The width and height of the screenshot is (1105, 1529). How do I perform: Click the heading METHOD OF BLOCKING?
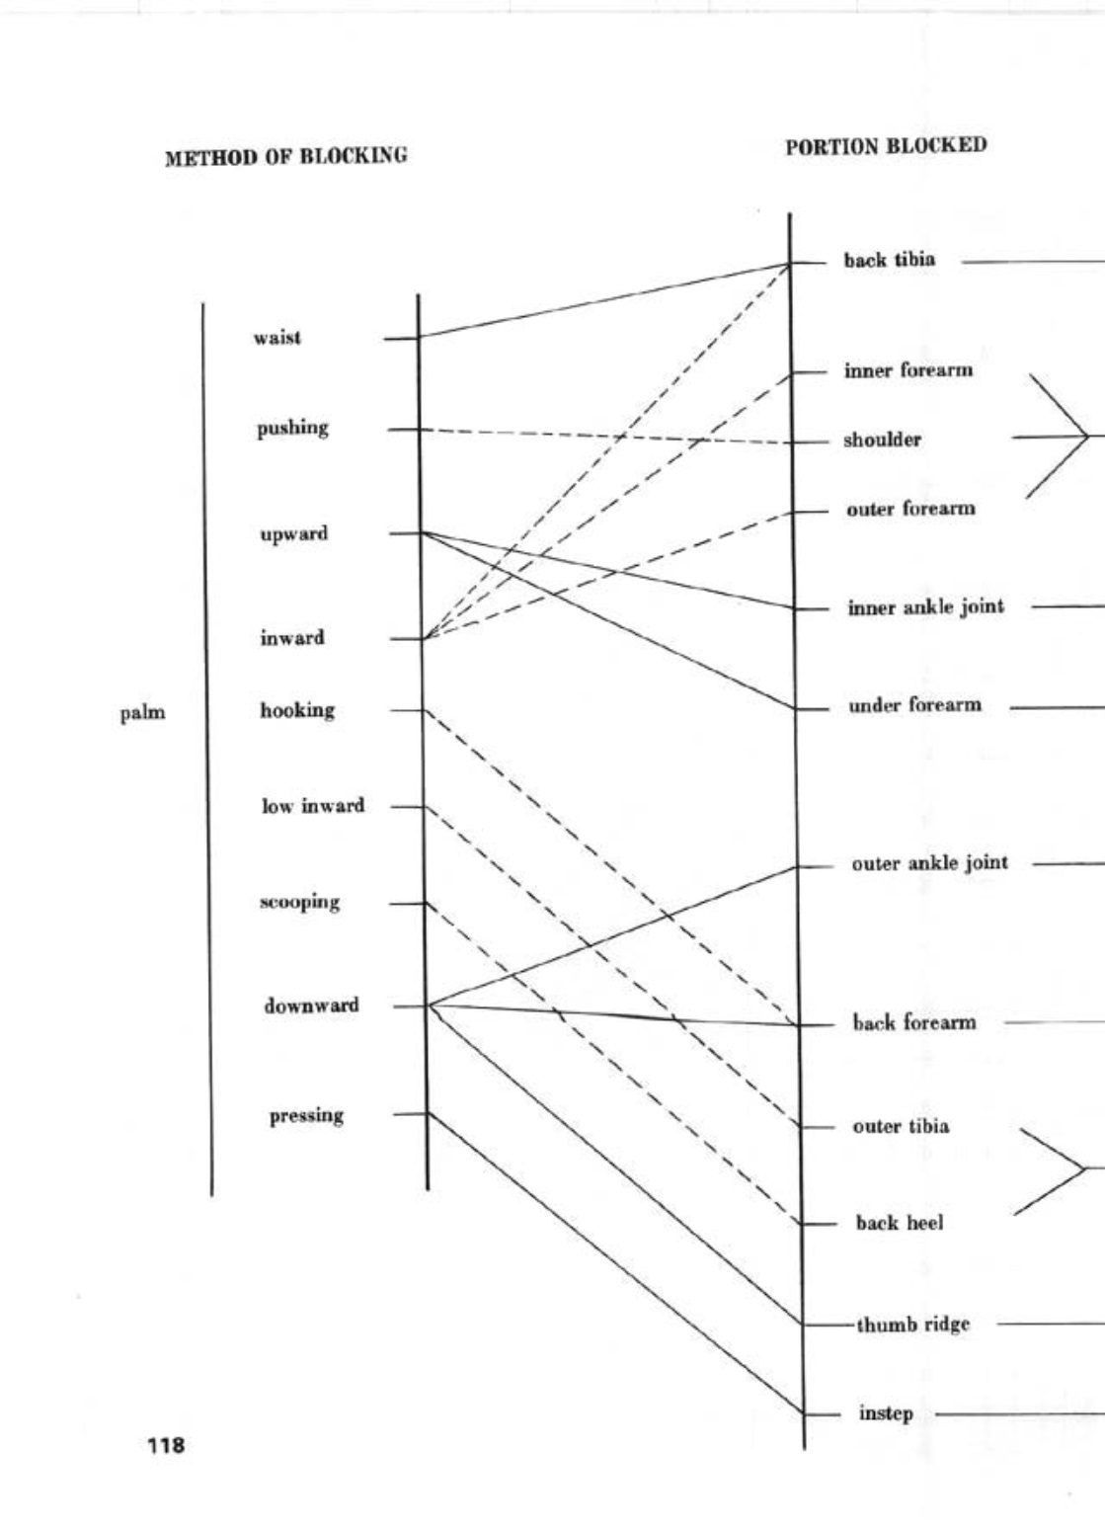coord(286,157)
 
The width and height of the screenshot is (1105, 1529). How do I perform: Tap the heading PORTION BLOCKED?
coord(886,146)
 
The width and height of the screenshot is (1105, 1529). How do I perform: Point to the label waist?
coord(277,338)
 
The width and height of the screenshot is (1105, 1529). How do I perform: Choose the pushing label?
coord(293,429)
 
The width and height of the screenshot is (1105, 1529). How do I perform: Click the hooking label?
coord(297,710)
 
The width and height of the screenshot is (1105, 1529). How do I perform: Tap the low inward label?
coord(313,806)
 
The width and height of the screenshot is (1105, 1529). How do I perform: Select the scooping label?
coord(300,902)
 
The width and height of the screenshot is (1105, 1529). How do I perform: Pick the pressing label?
coord(307,1115)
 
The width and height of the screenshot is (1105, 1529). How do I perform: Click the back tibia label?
coord(889,261)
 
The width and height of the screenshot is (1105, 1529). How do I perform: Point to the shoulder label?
coord(882,441)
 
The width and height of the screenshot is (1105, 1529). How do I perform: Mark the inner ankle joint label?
coord(925,607)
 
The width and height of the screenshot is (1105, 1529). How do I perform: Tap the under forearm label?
coord(914,705)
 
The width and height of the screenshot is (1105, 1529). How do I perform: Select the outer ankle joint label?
coord(929,863)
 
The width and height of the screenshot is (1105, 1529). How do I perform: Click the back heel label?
coord(899,1223)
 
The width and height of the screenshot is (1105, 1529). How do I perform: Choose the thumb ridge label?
coord(912,1325)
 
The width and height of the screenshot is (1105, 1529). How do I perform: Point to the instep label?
coord(886,1413)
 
